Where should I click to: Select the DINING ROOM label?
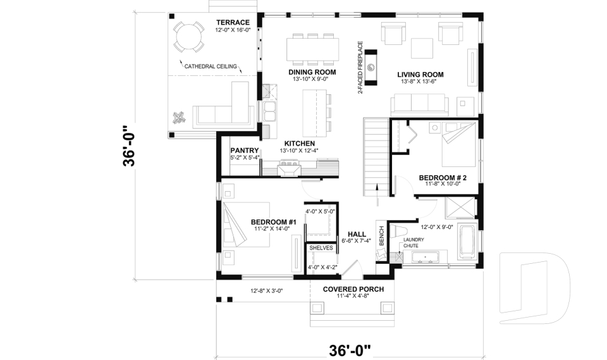tap(312, 72)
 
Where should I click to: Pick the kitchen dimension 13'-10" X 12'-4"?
tap(299, 151)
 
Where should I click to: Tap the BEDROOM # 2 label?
tap(443, 178)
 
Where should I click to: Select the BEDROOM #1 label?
tap(274, 221)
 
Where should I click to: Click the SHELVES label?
tap(321, 248)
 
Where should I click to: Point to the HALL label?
tap(357, 233)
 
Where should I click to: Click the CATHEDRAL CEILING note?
tap(211, 66)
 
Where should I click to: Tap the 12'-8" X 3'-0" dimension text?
tap(266, 291)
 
